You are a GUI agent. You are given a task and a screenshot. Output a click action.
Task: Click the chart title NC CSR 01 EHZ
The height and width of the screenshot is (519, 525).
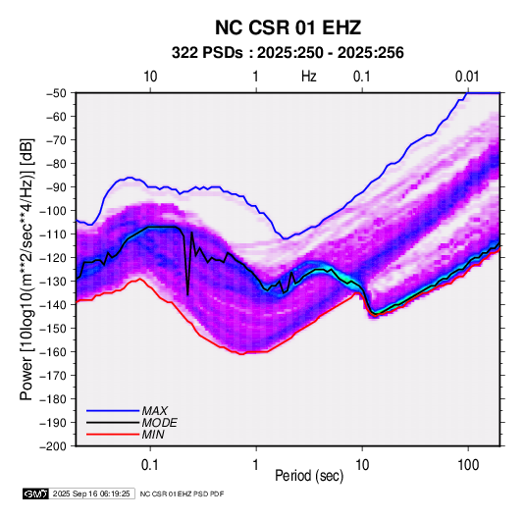pyautogui.click(x=288, y=27)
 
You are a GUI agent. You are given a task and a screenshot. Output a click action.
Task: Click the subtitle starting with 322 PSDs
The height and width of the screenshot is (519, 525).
pyautogui.click(x=288, y=53)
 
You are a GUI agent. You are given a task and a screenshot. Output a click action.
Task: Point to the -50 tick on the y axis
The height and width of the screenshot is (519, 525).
pyautogui.click(x=56, y=93)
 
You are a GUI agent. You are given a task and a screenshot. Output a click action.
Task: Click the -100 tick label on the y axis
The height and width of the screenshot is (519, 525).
pyautogui.click(x=54, y=211)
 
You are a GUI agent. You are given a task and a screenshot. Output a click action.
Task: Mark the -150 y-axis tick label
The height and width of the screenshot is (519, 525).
pyautogui.click(x=54, y=328)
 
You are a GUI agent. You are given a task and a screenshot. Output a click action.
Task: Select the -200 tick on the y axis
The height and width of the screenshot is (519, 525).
pyautogui.click(x=54, y=446)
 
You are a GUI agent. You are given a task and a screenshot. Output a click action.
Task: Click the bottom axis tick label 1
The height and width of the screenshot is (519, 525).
pyautogui.click(x=256, y=465)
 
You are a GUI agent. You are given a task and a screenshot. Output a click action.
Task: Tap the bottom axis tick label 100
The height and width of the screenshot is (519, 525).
pyautogui.click(x=468, y=465)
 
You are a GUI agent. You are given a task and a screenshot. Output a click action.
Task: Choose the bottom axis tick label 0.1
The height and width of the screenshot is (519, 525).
pyautogui.click(x=150, y=465)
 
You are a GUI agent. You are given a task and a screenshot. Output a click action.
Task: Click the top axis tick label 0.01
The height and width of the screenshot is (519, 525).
pyautogui.click(x=467, y=77)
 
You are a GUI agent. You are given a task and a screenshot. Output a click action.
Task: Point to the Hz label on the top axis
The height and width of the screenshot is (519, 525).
pyautogui.click(x=309, y=77)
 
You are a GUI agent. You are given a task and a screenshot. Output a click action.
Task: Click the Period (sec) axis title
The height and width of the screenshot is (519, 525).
pyautogui.click(x=309, y=476)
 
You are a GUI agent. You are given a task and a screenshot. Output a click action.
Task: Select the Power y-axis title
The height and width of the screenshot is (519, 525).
pyautogui.click(x=26, y=269)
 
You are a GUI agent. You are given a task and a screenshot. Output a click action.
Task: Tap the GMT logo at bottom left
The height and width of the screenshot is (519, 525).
pyautogui.click(x=36, y=493)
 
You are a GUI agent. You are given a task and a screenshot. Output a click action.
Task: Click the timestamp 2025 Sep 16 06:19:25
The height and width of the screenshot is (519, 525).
pyautogui.click(x=91, y=493)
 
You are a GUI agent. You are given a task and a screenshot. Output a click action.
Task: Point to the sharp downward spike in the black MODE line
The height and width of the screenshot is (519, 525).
pyautogui.click(x=187, y=294)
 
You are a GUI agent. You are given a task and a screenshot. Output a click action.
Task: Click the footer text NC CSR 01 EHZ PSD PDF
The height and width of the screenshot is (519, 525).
pyautogui.click(x=182, y=493)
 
